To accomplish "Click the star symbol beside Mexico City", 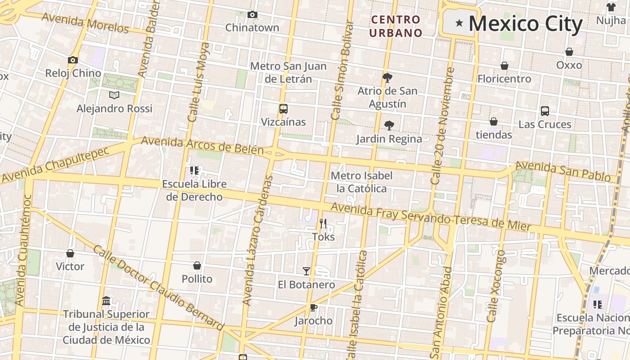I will (x=459, y=23).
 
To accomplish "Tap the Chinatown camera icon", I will (x=252, y=15).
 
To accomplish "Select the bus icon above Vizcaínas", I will (x=283, y=108).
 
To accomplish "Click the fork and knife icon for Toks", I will (x=323, y=223).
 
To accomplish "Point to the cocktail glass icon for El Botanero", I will (x=306, y=271).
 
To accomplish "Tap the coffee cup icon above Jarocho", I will (x=313, y=307).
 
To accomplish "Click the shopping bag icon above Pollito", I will (x=197, y=265).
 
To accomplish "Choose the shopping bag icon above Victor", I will (x=70, y=253).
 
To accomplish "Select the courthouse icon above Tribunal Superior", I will (x=106, y=300).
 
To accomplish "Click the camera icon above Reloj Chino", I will (x=72, y=60).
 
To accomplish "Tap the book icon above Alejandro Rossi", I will (x=114, y=95).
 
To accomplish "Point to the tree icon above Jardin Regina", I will (x=389, y=126).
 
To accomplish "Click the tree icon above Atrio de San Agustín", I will (x=387, y=77).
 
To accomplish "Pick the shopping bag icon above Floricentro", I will (x=504, y=66).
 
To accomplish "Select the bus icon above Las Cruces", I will (x=544, y=111).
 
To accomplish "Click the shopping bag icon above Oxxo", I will (x=569, y=52).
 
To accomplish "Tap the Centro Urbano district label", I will (x=396, y=26).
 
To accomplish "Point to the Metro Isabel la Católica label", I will (x=361, y=182).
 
